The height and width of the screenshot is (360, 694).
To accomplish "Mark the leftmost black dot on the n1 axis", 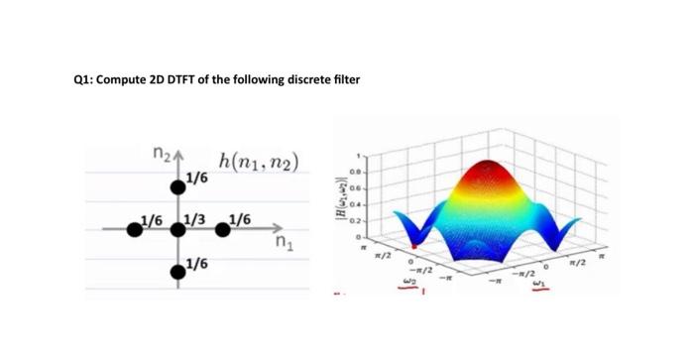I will pyautogui.click(x=132, y=230).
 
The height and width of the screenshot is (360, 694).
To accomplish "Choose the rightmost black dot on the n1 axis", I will pyautogui.click(x=226, y=230).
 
